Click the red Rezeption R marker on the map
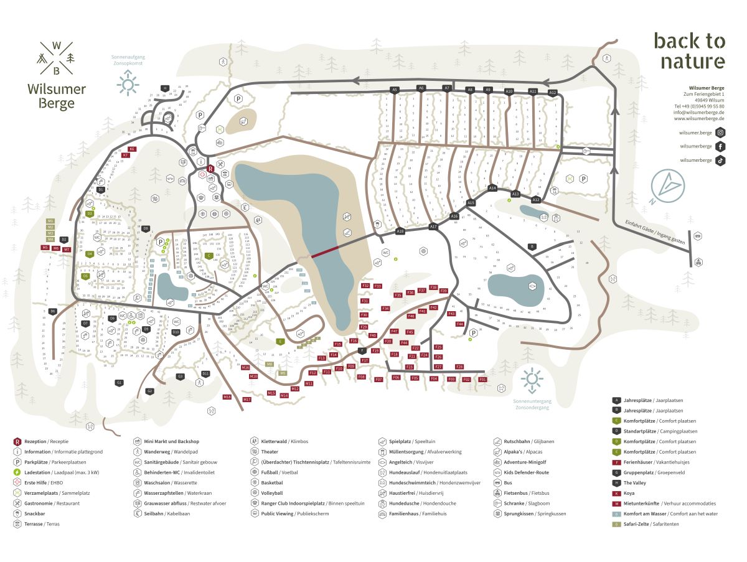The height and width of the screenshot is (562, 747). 210,168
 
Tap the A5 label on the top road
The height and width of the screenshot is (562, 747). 394,90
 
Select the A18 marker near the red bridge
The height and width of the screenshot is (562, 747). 400,232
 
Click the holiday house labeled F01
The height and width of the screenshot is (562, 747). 482,379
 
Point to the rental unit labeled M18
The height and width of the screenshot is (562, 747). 227,397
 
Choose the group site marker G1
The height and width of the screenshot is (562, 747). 119,383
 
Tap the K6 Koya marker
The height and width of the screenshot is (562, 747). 131,149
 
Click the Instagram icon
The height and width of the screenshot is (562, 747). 720,133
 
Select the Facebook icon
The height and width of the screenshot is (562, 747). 720,146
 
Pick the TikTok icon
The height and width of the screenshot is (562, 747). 720,160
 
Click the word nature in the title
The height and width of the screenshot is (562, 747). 692,61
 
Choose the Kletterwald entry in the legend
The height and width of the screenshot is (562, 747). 275,442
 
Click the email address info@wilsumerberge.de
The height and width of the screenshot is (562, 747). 698,113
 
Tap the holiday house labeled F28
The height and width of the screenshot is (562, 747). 459,367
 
